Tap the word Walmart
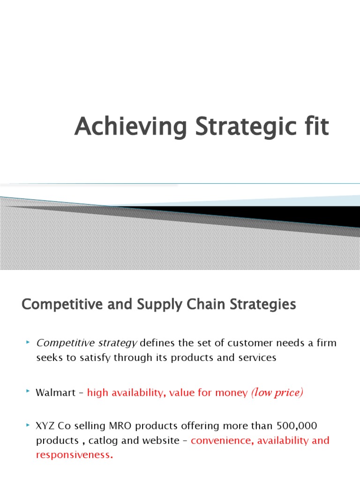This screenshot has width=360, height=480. (x=55, y=393)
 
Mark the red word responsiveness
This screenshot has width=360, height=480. (x=75, y=455)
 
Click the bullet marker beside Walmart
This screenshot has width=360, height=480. (x=29, y=391)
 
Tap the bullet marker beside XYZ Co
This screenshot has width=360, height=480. (x=29, y=425)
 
